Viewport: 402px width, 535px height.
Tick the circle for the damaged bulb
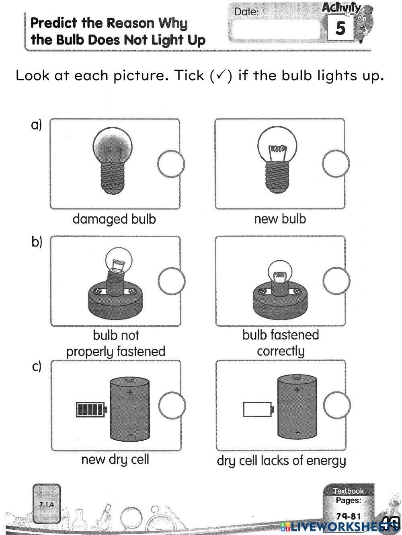click(170, 164)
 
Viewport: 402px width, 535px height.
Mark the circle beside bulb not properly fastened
click(172, 280)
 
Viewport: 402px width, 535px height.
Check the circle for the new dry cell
click(172, 405)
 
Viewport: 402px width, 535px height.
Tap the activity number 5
click(340, 28)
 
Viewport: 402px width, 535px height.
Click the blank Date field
click(277, 30)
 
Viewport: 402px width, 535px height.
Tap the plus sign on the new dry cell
click(130, 392)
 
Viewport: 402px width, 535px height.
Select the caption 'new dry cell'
click(115, 459)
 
